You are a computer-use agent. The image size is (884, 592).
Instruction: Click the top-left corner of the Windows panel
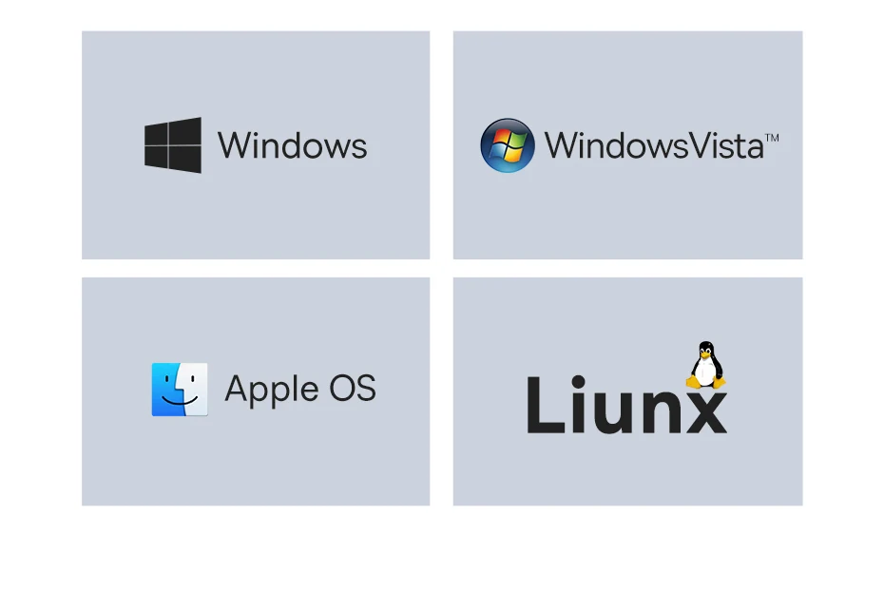(x=82, y=31)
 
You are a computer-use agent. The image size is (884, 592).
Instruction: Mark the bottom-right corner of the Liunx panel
(x=803, y=506)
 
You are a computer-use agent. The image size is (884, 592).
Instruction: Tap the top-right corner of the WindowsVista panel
(x=803, y=31)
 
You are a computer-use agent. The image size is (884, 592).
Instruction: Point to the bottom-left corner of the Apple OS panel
(x=82, y=506)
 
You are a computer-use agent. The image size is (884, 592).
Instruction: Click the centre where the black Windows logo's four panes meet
(x=168, y=145)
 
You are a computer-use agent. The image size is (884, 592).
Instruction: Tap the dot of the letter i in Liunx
(x=577, y=383)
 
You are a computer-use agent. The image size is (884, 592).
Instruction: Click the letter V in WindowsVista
(x=701, y=145)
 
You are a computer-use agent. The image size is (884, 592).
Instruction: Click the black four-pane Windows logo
(x=172, y=144)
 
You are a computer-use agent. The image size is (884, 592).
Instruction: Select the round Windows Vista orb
(x=508, y=145)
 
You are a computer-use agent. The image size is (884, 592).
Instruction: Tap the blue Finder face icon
(x=180, y=390)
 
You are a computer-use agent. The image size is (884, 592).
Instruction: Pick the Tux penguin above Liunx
(x=706, y=365)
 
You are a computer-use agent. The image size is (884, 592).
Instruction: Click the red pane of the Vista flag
(x=501, y=138)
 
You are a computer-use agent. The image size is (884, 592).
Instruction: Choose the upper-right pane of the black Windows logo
(x=185, y=131)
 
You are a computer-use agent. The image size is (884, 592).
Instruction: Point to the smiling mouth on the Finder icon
(x=180, y=401)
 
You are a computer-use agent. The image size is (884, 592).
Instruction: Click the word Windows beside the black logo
(x=292, y=145)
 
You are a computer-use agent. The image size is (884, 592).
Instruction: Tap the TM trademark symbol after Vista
(x=772, y=138)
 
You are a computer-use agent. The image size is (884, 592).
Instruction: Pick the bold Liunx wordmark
(x=627, y=405)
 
